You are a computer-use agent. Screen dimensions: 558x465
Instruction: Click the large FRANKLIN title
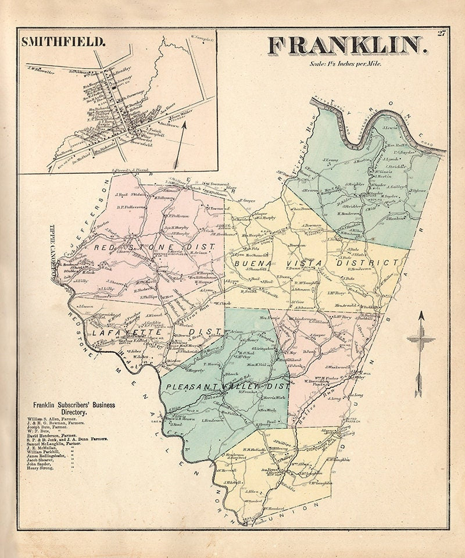click(x=348, y=46)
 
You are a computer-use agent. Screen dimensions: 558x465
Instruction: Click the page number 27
click(x=441, y=33)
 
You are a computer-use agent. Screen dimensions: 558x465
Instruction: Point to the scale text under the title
click(x=346, y=64)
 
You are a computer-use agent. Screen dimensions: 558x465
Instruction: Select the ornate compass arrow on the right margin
click(x=421, y=355)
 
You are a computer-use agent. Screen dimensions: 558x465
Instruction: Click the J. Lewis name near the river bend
click(x=390, y=126)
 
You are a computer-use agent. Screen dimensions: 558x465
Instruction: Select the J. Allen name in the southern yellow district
click(x=252, y=492)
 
